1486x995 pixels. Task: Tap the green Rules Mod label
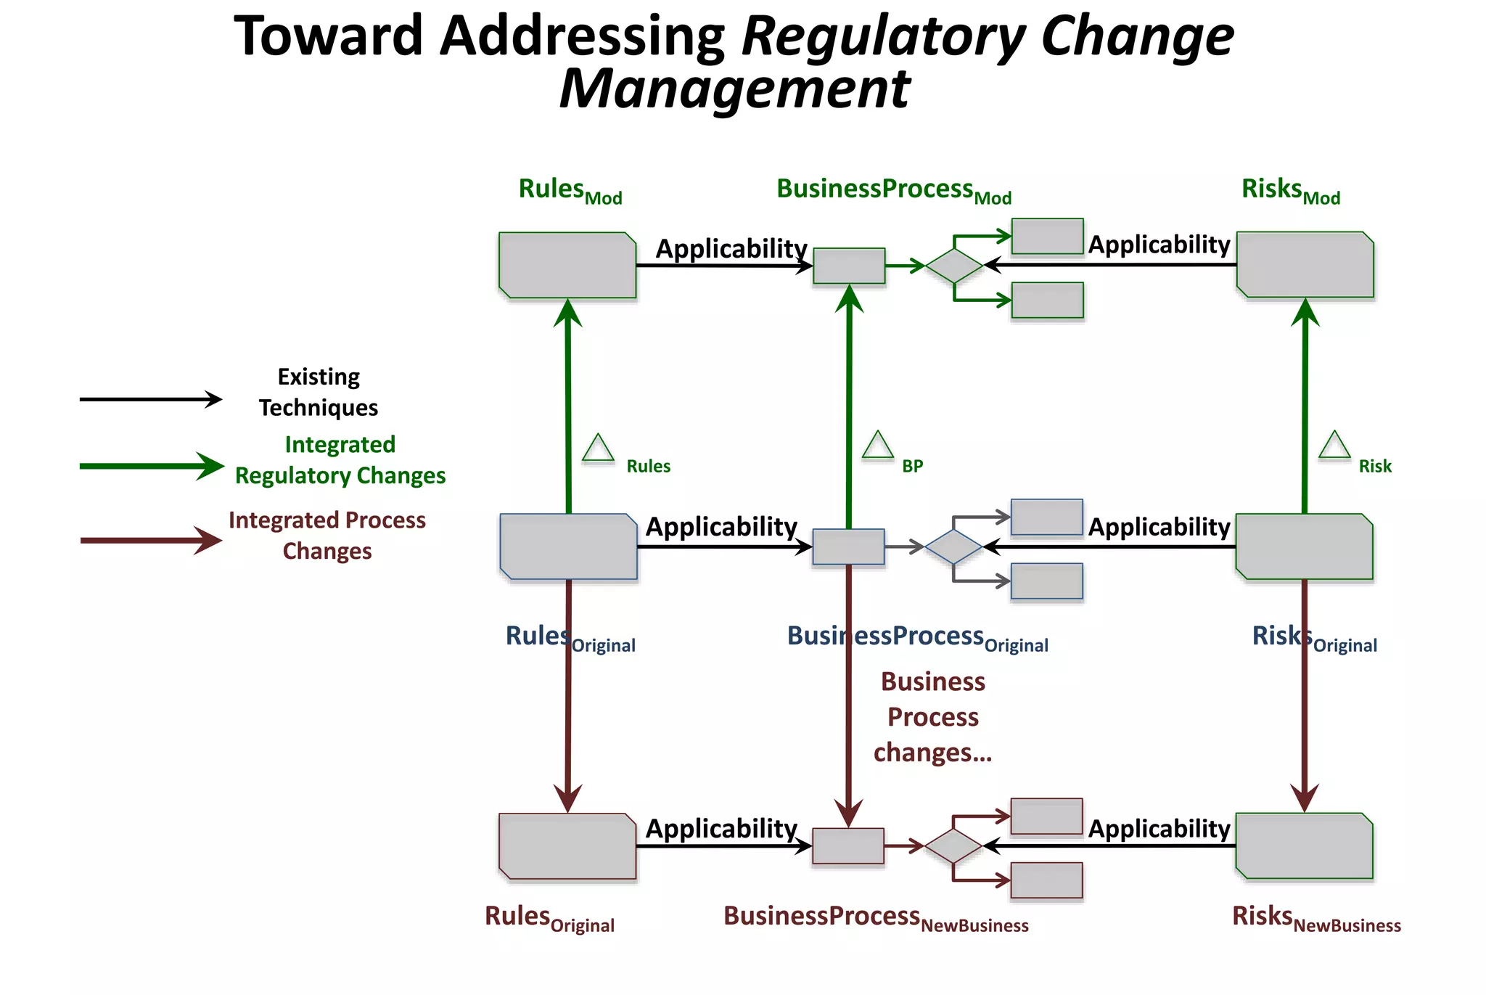[570, 190]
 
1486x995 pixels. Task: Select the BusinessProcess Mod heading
[893, 190]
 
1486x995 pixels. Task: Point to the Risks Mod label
[1290, 190]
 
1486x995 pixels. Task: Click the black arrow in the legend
[150, 399]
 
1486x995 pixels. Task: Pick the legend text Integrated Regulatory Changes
[340, 460]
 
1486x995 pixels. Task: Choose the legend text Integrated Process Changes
[327, 536]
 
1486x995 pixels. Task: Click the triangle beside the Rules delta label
[599, 449]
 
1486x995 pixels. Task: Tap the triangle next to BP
[877, 446]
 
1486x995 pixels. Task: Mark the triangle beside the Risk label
[1334, 446]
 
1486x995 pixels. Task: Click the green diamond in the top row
[954, 266]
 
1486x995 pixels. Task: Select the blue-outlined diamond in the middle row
[953, 547]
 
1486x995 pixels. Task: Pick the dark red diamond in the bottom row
[953, 846]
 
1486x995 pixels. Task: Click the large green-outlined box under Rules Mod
[567, 265]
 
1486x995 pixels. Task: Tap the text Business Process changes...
[932, 717]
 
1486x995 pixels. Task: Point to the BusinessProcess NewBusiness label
[876, 918]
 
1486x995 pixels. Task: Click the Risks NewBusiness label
[1315, 918]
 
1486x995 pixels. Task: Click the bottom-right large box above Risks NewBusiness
[1304, 846]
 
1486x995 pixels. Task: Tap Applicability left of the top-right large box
[1159, 245]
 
